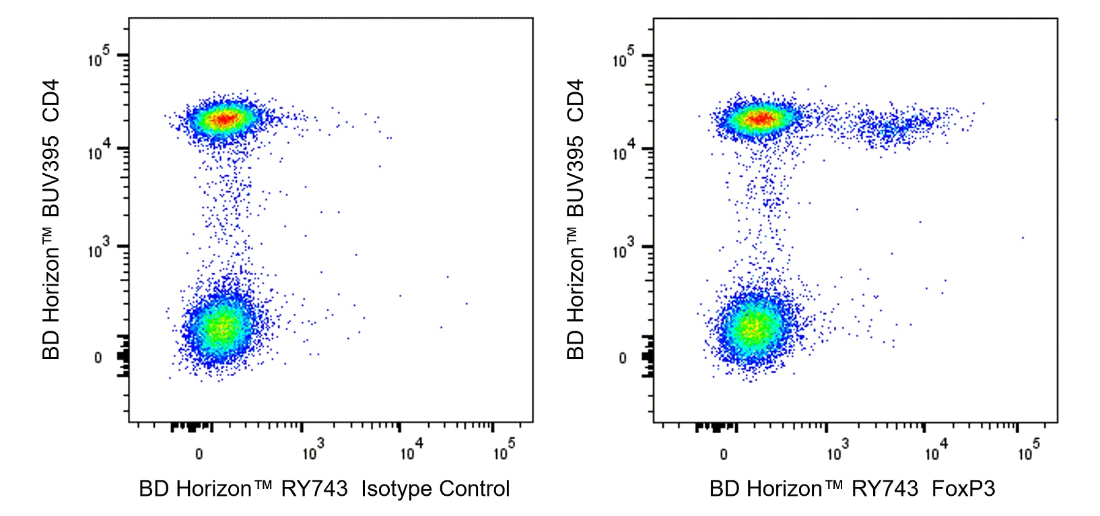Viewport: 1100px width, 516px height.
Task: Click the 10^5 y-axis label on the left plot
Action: (x=98, y=59)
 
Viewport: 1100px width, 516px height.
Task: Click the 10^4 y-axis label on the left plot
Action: (x=98, y=152)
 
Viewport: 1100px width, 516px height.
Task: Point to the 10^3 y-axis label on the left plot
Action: (x=98, y=251)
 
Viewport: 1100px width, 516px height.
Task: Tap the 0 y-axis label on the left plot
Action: (x=98, y=358)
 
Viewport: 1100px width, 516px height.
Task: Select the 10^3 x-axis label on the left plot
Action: (x=313, y=452)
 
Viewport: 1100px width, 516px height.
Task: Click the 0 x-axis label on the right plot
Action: (x=724, y=454)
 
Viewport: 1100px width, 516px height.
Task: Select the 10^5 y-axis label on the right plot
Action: (x=623, y=59)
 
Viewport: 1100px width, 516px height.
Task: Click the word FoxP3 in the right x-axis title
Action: (x=963, y=488)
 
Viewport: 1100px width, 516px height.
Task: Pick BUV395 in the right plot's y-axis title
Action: (x=576, y=176)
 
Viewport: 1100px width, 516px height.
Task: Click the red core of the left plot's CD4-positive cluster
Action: (x=224, y=119)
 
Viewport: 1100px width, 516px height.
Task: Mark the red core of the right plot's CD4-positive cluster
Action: (x=760, y=119)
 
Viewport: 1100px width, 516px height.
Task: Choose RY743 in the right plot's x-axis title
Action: (x=885, y=488)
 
